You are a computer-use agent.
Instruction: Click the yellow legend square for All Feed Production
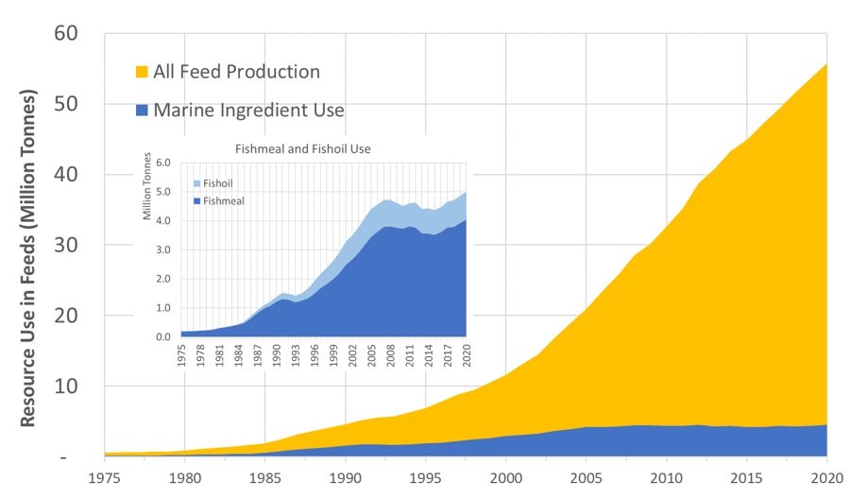pos(143,72)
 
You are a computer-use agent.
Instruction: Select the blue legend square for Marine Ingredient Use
pos(143,111)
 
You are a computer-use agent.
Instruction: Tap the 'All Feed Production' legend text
pos(237,72)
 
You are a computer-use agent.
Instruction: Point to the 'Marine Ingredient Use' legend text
pos(249,111)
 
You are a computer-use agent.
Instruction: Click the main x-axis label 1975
pos(105,477)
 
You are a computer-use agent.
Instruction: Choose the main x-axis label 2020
pos(826,477)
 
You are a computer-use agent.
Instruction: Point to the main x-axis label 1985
pos(265,477)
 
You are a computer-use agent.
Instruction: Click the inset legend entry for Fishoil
pos(213,181)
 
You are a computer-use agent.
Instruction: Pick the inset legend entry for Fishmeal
pos(217,200)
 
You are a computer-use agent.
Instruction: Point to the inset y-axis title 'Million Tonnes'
pos(147,194)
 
